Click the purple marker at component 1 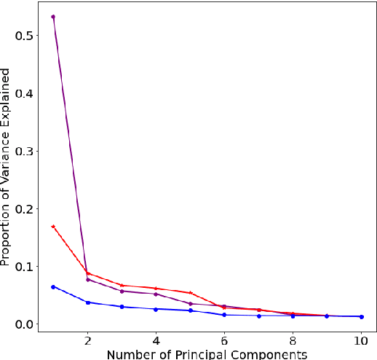coord(53,16)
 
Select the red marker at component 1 coord(53,227)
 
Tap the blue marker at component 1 coord(53,287)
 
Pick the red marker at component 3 coord(122,286)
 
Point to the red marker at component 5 coord(190,293)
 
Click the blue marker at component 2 coord(87,302)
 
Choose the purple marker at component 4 coord(156,294)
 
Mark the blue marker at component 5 coord(190,310)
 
